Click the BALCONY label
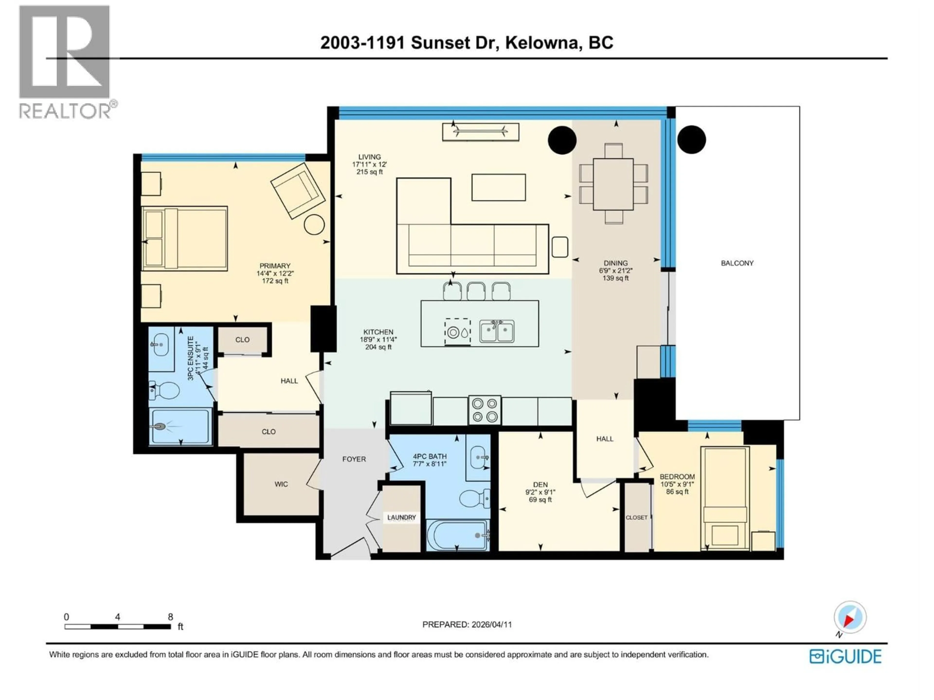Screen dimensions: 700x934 click(737, 263)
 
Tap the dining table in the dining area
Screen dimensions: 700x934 click(613, 184)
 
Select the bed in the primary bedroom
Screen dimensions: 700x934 click(185, 238)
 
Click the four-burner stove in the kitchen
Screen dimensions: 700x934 click(485, 410)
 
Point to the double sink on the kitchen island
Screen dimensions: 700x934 click(497, 331)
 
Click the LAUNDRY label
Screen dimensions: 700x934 click(402, 517)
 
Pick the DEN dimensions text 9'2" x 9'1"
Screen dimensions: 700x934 click(540, 492)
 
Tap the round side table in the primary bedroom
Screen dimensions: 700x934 click(314, 225)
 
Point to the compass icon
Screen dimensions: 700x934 click(850, 618)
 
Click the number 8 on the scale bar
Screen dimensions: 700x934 click(171, 617)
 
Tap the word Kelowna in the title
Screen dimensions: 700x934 click(542, 43)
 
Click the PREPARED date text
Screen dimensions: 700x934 click(467, 624)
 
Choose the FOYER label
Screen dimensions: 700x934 click(354, 459)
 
